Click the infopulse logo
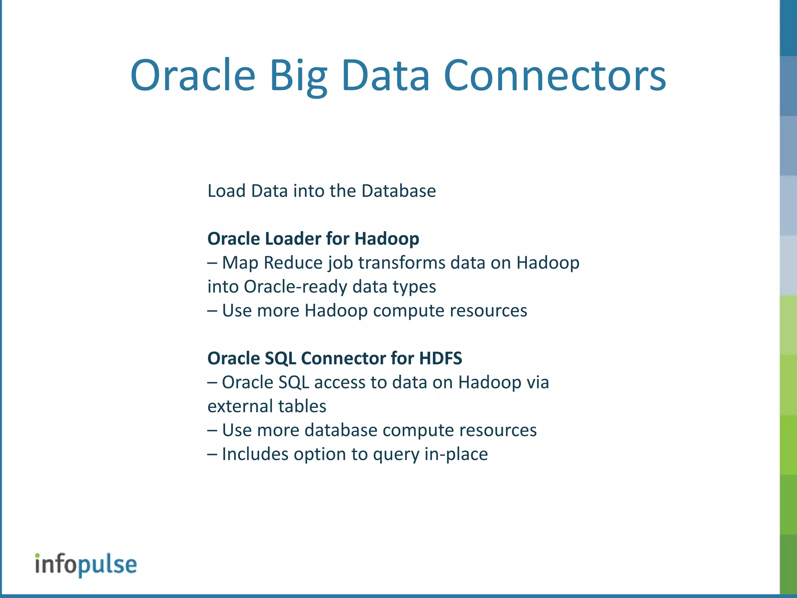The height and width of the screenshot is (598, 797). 86,565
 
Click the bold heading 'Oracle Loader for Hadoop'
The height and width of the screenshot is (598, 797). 313,239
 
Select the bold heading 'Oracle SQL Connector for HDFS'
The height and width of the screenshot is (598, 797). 335,358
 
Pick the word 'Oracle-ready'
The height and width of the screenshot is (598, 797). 296,287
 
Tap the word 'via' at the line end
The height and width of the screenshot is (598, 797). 538,382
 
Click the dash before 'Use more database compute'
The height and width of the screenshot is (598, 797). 212,430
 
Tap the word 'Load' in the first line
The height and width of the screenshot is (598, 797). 226,191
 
